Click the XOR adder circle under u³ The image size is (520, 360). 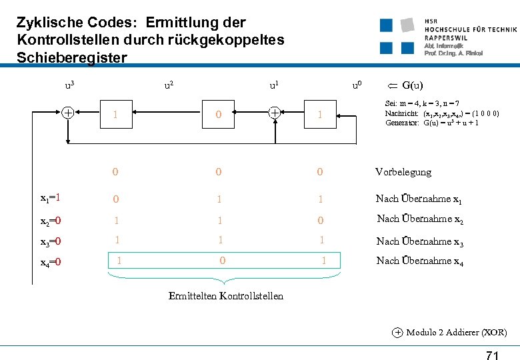click(68, 113)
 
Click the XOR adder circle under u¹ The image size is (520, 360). click(274, 113)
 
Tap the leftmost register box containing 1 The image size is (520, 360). click(115, 115)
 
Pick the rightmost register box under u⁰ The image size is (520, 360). click(320, 115)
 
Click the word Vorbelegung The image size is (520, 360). click(403, 172)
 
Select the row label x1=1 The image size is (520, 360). click(51, 198)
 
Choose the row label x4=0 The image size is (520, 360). click(51, 261)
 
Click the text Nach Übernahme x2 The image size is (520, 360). click(420, 219)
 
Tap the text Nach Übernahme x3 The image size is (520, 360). click(420, 241)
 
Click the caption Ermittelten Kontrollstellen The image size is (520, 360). click(226, 296)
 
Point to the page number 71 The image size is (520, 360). click(491, 355)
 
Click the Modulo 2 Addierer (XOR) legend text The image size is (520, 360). click(456, 332)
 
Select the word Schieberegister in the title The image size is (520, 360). click(71, 58)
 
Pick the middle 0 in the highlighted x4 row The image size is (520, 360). click(223, 261)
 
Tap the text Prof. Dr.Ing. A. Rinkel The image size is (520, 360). click(453, 53)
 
